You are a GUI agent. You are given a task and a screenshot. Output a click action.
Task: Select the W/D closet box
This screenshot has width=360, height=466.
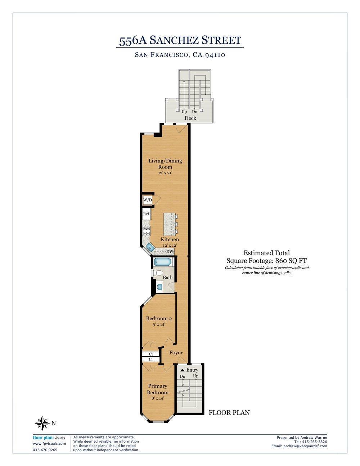coord(147,200)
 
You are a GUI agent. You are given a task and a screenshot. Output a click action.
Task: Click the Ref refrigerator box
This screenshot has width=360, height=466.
coord(146,214)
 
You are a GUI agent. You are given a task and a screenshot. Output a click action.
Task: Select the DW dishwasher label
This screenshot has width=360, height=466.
coord(170,252)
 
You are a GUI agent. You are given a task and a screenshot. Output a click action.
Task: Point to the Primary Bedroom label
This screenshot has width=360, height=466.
coord(158,389)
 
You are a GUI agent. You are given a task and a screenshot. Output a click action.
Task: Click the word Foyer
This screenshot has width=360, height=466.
coord(176,353)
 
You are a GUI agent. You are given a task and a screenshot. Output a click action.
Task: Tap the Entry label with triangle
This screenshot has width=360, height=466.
coord(189,370)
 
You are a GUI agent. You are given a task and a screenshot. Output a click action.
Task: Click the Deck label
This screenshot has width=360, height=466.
coord(190,118)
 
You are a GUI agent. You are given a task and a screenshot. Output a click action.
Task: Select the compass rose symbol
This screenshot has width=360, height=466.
coord(42,423)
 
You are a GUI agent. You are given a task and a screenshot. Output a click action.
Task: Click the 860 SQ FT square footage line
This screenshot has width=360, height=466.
coord(266,261)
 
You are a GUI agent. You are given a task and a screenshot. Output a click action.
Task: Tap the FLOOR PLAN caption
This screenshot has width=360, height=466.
coord(229,413)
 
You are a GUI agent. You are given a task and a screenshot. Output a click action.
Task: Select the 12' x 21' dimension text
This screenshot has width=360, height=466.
coord(165,173)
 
